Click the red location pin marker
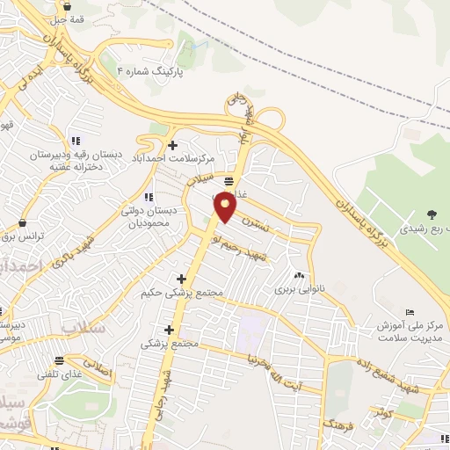(226, 207)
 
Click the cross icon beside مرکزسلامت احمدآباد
(172, 144)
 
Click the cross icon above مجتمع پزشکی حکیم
(181, 279)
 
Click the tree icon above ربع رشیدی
(432, 214)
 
